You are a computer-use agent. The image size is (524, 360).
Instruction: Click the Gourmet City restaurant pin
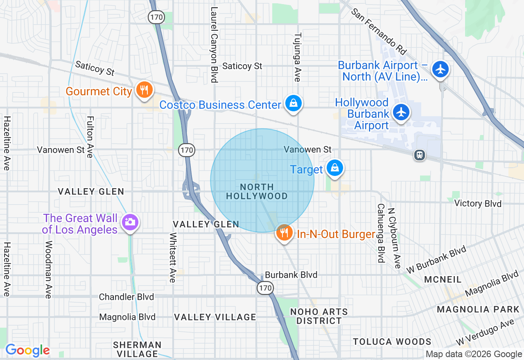[144, 90]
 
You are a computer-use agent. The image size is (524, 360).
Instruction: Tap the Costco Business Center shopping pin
[294, 103]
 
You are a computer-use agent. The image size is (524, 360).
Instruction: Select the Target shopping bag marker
[335, 168]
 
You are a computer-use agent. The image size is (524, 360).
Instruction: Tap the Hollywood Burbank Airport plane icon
[401, 112]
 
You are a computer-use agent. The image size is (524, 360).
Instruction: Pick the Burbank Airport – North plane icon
[440, 69]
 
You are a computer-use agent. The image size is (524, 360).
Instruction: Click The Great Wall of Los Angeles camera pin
[130, 223]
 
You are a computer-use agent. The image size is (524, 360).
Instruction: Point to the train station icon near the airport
[419, 155]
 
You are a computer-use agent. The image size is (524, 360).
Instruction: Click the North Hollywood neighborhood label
[257, 191]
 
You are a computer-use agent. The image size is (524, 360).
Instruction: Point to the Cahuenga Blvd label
[381, 233]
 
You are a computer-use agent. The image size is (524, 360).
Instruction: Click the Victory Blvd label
[478, 203]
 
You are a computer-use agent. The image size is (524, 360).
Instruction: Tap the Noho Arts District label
[319, 316]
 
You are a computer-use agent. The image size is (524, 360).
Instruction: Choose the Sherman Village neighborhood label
[137, 349]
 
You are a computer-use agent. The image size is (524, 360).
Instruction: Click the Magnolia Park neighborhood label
[478, 309]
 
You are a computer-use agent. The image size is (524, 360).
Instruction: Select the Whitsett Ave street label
[173, 257]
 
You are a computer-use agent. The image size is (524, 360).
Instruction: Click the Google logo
[27, 351]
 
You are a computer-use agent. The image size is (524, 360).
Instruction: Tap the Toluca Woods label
[392, 342]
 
